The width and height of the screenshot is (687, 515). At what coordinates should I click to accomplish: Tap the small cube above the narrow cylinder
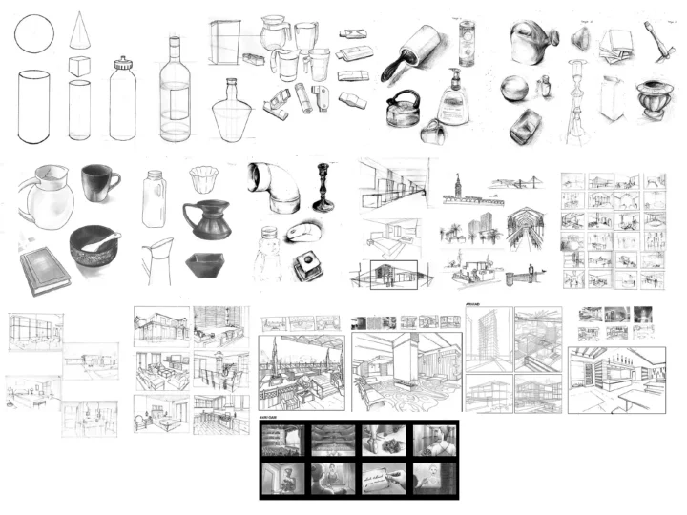[x=80, y=68]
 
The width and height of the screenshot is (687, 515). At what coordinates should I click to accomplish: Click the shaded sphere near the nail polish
[x=516, y=90]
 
